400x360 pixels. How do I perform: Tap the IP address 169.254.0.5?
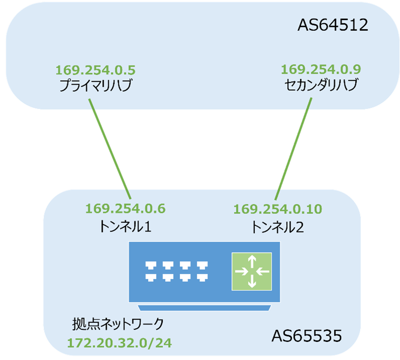coord(95,70)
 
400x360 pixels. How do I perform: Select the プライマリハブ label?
coord(95,85)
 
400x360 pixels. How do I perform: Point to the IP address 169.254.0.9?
coord(320,70)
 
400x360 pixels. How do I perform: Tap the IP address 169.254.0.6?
coord(125,208)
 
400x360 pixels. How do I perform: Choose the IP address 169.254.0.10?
coord(278,208)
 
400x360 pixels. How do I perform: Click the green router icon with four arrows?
coord(251,271)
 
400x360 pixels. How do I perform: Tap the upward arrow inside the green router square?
coord(251,260)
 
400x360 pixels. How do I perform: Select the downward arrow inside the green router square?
coord(251,282)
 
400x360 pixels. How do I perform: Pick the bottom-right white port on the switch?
coord(203,277)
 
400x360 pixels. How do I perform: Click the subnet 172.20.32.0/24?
coord(120,343)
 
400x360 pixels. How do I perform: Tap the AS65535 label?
coord(307,335)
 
